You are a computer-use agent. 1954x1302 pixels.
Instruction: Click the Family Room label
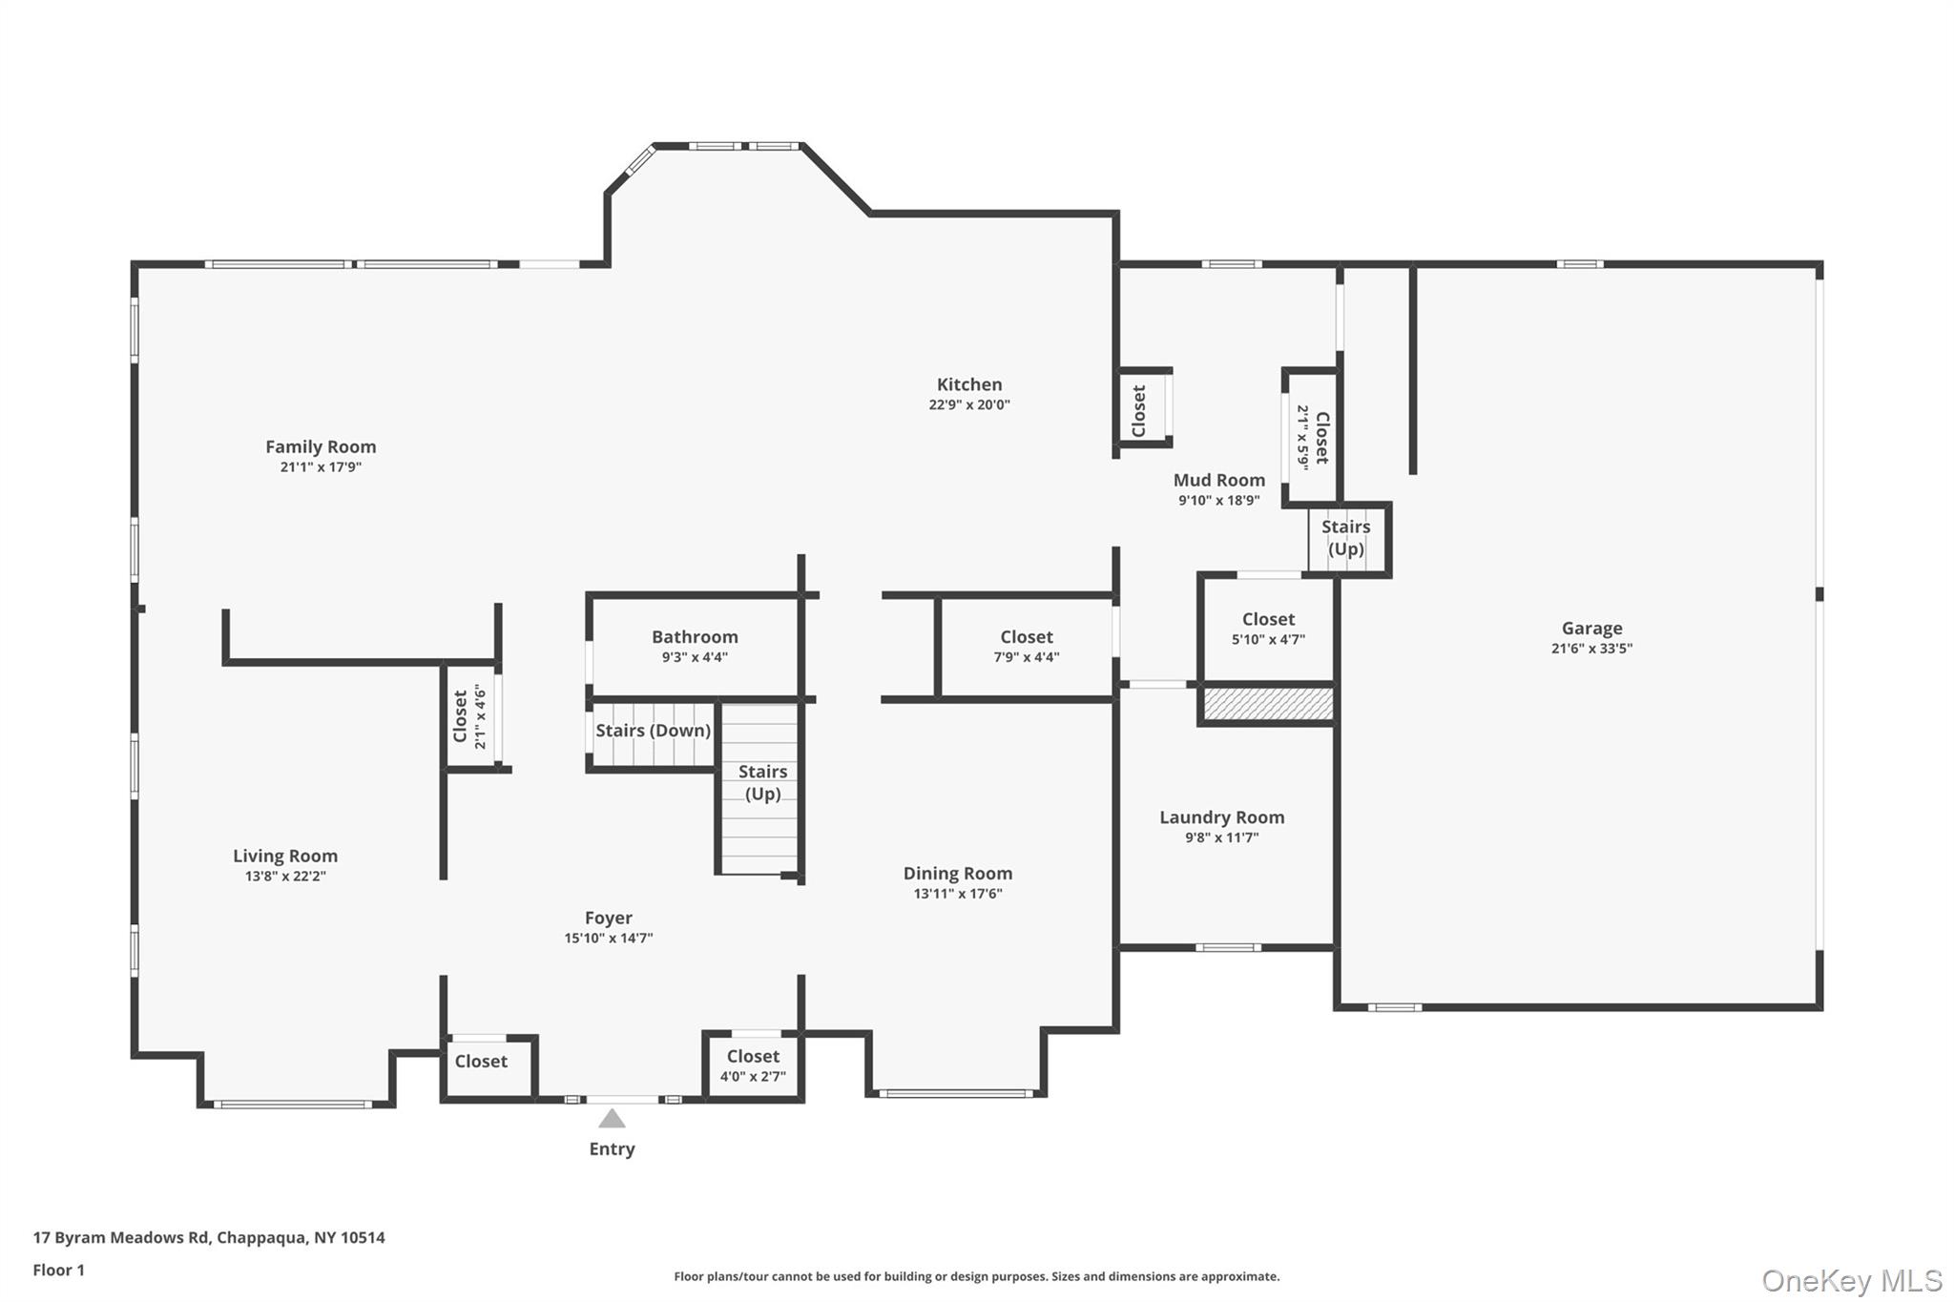321,446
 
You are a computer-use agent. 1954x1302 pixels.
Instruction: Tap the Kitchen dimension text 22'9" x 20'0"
969,404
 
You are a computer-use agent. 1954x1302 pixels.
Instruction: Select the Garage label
1591,628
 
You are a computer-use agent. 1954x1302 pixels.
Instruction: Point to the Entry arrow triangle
612,1119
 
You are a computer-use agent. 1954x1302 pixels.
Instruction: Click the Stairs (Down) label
653,731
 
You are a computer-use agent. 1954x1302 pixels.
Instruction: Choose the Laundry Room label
1221,817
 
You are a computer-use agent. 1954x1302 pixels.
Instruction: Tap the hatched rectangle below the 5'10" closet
1268,704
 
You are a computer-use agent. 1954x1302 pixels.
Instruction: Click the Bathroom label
695,636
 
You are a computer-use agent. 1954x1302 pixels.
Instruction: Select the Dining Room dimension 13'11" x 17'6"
957,894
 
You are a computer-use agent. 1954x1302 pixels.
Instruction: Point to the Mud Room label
1218,480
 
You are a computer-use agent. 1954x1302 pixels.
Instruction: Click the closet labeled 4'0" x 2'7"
753,1065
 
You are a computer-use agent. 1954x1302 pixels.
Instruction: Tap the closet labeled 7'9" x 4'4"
1026,646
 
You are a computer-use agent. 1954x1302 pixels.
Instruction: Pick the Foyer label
609,918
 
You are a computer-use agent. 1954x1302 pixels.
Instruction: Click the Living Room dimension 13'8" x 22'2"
285,877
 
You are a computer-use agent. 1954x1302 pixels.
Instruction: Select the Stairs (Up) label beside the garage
1345,538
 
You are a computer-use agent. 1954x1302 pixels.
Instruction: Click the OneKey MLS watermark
1851,1280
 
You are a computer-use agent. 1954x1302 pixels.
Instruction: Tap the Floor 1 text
59,1270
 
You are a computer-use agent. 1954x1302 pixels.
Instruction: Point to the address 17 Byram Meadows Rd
209,1237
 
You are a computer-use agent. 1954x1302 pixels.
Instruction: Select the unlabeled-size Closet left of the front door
481,1061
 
